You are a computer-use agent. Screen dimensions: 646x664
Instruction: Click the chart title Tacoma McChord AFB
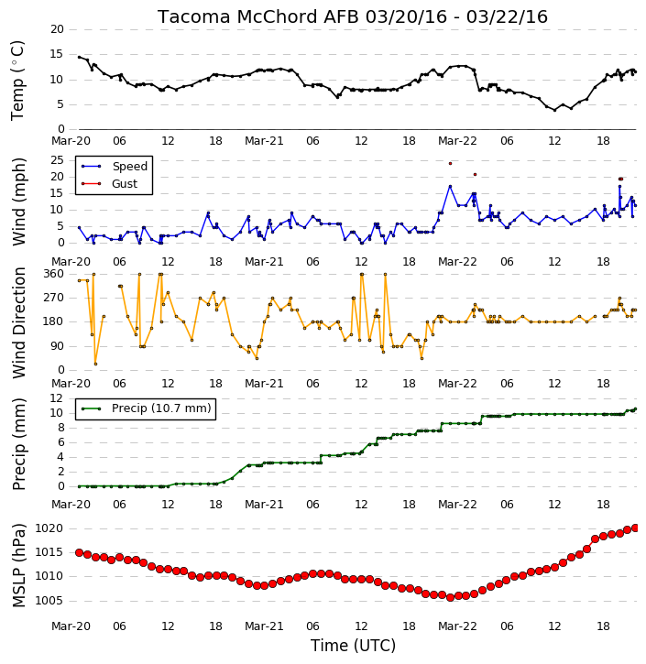click(258, 16)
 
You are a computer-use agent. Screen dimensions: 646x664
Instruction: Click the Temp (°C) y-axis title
click(17, 81)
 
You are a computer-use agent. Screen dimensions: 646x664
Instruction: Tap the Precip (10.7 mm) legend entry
click(146, 408)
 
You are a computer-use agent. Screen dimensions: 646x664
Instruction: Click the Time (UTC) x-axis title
click(353, 646)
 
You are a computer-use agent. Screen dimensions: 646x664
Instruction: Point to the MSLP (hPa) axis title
click(18, 565)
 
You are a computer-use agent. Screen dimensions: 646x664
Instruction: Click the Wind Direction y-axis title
click(18, 322)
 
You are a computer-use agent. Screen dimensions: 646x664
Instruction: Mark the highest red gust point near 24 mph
click(450, 163)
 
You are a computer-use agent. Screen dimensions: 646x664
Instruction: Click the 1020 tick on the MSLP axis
click(49, 528)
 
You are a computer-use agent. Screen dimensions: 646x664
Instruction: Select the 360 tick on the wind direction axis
click(54, 274)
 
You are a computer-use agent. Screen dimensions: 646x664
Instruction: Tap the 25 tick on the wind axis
click(57, 160)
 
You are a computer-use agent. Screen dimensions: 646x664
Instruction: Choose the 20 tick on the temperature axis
click(57, 29)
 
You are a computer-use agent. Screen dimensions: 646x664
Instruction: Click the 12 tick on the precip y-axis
click(57, 398)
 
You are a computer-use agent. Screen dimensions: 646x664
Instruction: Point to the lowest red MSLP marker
click(450, 597)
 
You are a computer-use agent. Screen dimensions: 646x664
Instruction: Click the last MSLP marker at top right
click(635, 528)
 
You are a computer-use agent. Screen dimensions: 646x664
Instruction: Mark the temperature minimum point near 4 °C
click(554, 110)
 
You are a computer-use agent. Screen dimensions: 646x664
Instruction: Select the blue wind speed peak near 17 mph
click(450, 186)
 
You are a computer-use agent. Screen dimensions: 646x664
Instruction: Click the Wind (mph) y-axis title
click(18, 201)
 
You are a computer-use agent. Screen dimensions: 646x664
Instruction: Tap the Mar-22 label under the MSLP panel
click(457, 626)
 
